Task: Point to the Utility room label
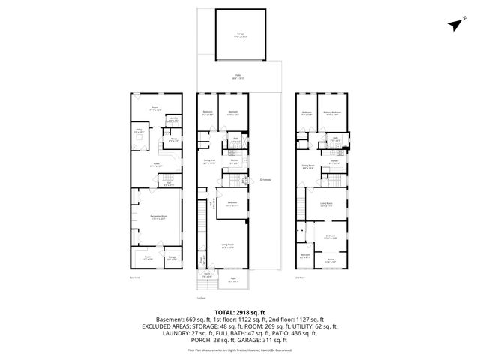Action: point(139,132)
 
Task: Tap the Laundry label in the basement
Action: point(172,119)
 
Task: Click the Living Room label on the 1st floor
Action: point(227,245)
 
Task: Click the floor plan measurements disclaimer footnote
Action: point(239,349)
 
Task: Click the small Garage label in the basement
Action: point(172,257)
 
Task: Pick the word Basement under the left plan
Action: point(136,277)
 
